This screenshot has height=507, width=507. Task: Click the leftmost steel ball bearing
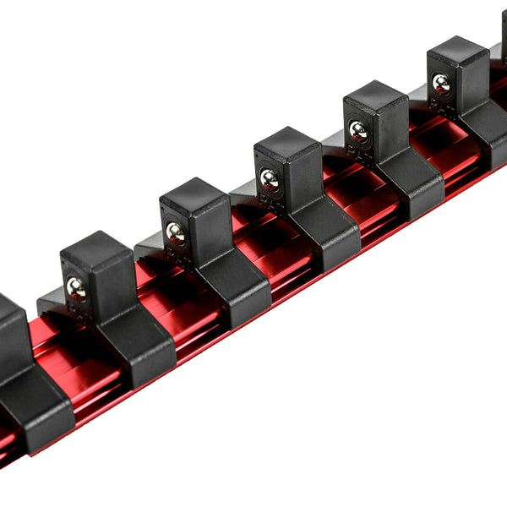pyautogui.click(x=76, y=286)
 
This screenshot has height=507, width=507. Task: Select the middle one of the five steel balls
pyautogui.click(x=270, y=177)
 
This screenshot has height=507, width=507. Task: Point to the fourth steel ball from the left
pyautogui.click(x=358, y=129)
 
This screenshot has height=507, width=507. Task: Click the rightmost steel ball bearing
pyautogui.click(x=441, y=82)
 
